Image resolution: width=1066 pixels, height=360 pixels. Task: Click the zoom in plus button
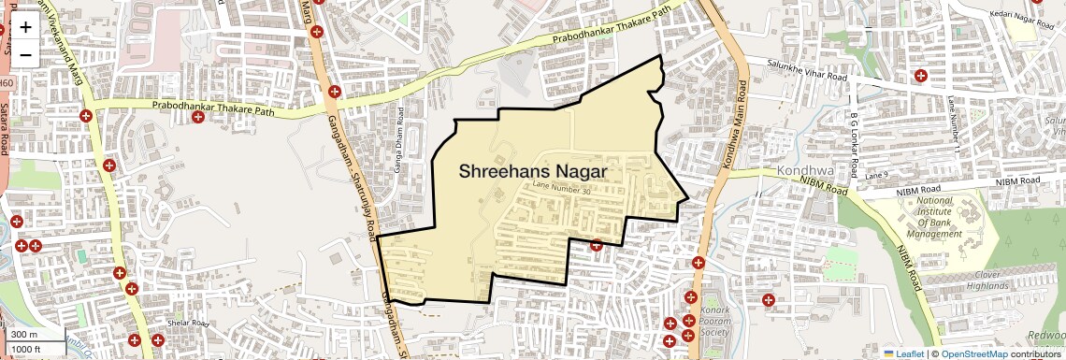click(25, 26)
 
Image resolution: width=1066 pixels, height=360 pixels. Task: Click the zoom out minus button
click(25, 54)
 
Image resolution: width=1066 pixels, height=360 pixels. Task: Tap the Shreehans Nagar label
click(532, 172)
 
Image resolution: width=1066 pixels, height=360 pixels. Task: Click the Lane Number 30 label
click(563, 190)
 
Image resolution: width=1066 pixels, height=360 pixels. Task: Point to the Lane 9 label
click(876, 175)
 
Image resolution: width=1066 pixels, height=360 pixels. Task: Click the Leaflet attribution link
click(904, 353)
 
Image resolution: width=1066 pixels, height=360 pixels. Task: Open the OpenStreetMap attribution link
click(973, 353)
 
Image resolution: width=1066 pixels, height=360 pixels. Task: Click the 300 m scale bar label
click(25, 334)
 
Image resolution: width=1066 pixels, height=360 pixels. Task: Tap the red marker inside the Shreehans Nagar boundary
click(596, 246)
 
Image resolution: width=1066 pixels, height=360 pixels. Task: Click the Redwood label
click(1046, 335)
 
